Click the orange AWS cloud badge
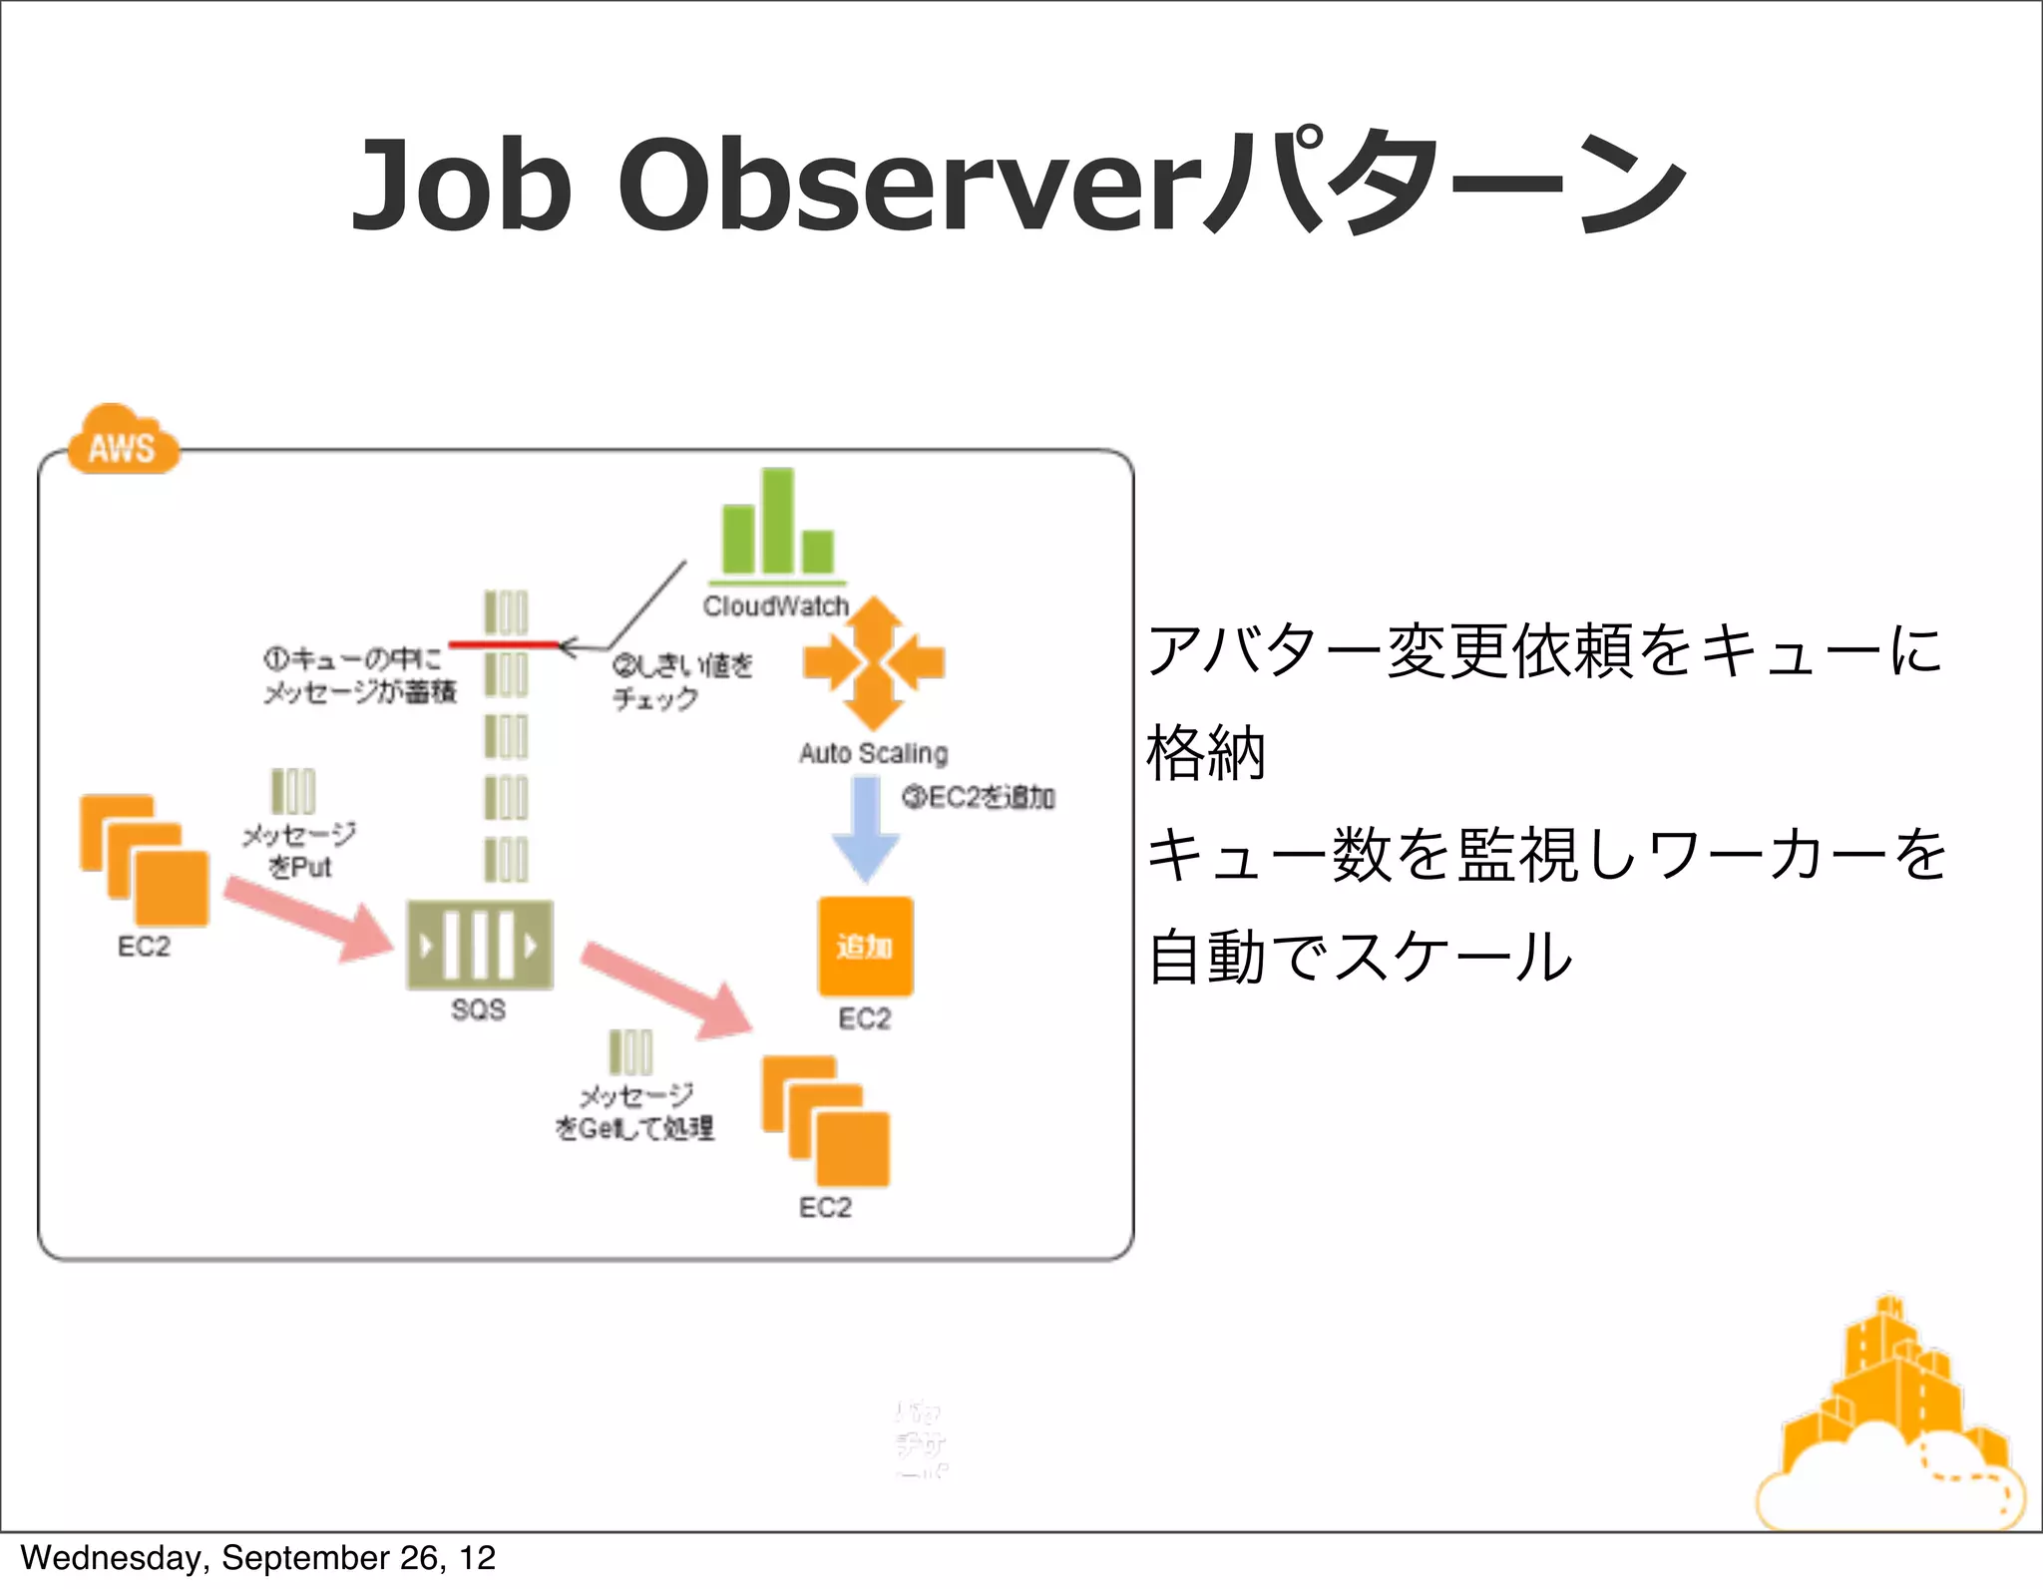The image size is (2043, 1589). [123, 441]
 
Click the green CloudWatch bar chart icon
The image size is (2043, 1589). [777, 526]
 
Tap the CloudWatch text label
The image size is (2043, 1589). [775, 606]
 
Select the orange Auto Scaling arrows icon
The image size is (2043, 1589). [874, 663]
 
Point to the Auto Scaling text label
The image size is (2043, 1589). [873, 753]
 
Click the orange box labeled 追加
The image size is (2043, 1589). [865, 946]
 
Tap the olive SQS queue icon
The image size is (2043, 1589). [479, 945]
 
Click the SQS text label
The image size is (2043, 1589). [478, 1009]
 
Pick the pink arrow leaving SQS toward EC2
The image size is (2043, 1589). [665, 989]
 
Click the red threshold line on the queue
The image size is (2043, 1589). [504, 645]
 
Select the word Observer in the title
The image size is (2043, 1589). [908, 187]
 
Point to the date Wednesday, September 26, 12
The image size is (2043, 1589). [257, 1558]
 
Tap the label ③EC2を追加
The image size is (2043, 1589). [978, 797]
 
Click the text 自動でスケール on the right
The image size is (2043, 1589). [1359, 957]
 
